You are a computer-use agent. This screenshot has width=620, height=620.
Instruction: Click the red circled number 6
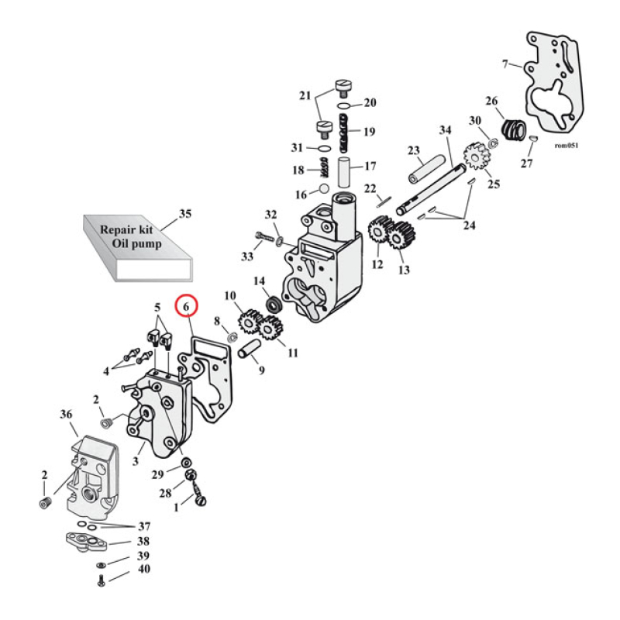186,307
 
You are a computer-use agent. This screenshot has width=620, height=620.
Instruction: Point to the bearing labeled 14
273,304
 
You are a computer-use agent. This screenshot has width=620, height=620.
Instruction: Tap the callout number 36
66,415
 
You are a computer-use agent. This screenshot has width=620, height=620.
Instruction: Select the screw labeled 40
101,581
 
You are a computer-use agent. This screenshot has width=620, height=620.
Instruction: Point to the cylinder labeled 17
346,172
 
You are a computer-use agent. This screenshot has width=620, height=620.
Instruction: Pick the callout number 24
470,226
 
